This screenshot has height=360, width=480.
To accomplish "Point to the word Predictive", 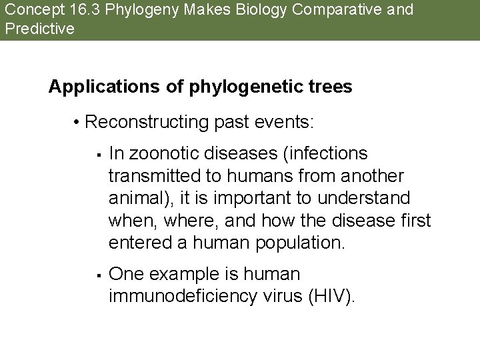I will [39, 29].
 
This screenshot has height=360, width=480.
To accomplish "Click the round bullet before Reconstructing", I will [77, 123].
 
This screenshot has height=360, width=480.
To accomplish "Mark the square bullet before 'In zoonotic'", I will [97, 155].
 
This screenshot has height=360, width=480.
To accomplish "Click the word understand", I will [366, 199].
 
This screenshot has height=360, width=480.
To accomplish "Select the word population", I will [299, 243].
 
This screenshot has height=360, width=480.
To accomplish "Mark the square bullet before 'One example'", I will [97, 274].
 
